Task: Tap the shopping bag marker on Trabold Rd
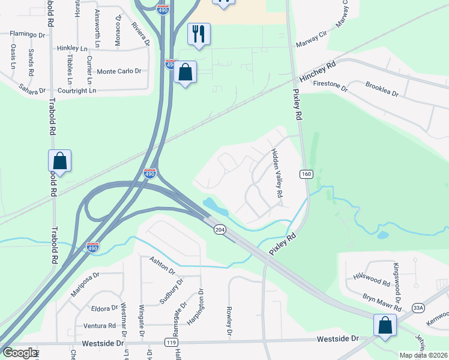click(59, 161)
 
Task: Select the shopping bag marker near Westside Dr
click(384, 326)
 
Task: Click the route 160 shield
click(306, 174)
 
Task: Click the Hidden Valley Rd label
click(276, 174)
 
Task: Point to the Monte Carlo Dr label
click(119, 71)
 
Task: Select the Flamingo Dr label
click(28, 34)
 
